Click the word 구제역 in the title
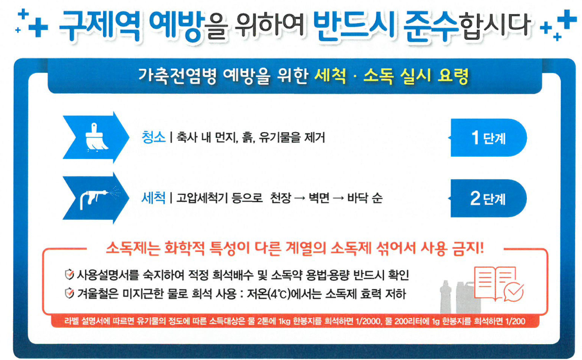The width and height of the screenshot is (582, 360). [x=100, y=25]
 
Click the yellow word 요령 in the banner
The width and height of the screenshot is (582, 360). [x=453, y=76]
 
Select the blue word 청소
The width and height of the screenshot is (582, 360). [x=153, y=137]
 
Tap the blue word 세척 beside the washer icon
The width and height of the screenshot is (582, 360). [x=153, y=198]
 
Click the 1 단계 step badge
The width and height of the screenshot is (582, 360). [x=488, y=137]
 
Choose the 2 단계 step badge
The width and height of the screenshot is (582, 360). [x=488, y=199]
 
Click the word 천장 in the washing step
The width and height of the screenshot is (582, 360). [x=280, y=198]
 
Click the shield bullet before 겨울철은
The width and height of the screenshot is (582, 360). [x=69, y=294]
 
